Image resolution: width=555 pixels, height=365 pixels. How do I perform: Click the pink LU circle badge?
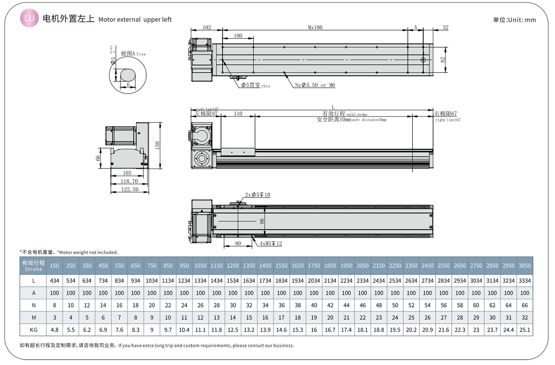29,19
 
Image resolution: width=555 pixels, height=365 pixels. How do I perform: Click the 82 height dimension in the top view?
442,60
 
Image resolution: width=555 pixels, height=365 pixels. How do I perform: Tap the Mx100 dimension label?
315,28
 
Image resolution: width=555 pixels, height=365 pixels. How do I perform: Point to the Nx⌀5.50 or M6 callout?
315,85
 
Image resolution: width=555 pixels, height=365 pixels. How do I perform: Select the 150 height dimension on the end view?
157,144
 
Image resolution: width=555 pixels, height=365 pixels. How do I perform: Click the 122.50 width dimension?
130,189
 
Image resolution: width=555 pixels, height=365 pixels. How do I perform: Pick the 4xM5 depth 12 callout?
271,243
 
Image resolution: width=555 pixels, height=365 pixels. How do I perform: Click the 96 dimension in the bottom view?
262,221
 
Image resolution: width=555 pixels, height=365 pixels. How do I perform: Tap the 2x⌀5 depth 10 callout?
257,195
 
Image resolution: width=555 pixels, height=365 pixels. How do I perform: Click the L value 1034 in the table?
152,281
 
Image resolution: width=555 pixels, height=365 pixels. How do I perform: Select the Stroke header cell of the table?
33,266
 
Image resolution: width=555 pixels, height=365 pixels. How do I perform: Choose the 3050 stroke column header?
524,266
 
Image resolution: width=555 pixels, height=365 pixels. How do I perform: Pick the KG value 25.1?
524,330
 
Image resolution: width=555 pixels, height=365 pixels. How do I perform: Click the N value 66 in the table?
524,305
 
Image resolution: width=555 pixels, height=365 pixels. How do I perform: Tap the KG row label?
33,330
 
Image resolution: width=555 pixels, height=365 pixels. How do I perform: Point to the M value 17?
282,318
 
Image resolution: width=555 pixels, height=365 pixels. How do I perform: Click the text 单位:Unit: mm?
514,20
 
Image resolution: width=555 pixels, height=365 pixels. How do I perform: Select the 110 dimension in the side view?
238,114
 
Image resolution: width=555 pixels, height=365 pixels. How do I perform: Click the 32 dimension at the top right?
445,28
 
